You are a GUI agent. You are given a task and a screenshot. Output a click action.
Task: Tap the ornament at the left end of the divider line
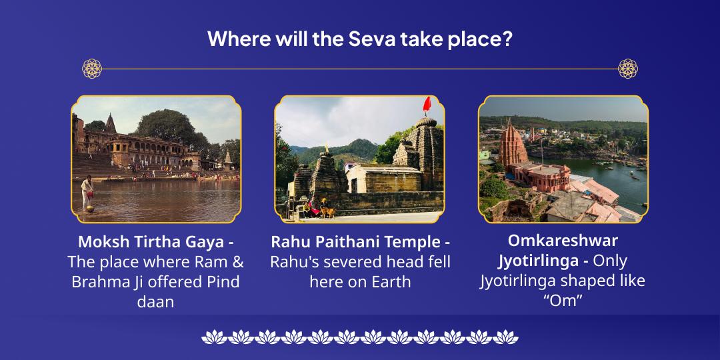tap(92, 68)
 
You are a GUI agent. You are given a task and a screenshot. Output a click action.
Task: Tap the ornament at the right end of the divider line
tap(628, 68)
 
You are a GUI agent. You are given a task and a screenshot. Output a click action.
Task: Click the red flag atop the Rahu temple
tap(427, 104)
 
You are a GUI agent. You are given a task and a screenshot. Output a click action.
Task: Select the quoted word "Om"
tap(563, 301)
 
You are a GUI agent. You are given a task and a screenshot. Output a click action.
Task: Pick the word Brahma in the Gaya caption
tap(99, 281)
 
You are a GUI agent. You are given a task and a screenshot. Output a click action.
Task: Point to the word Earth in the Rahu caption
tap(390, 281)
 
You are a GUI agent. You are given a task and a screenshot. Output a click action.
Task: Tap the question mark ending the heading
tap(508, 39)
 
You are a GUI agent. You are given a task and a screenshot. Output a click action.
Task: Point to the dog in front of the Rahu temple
tap(328, 212)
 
